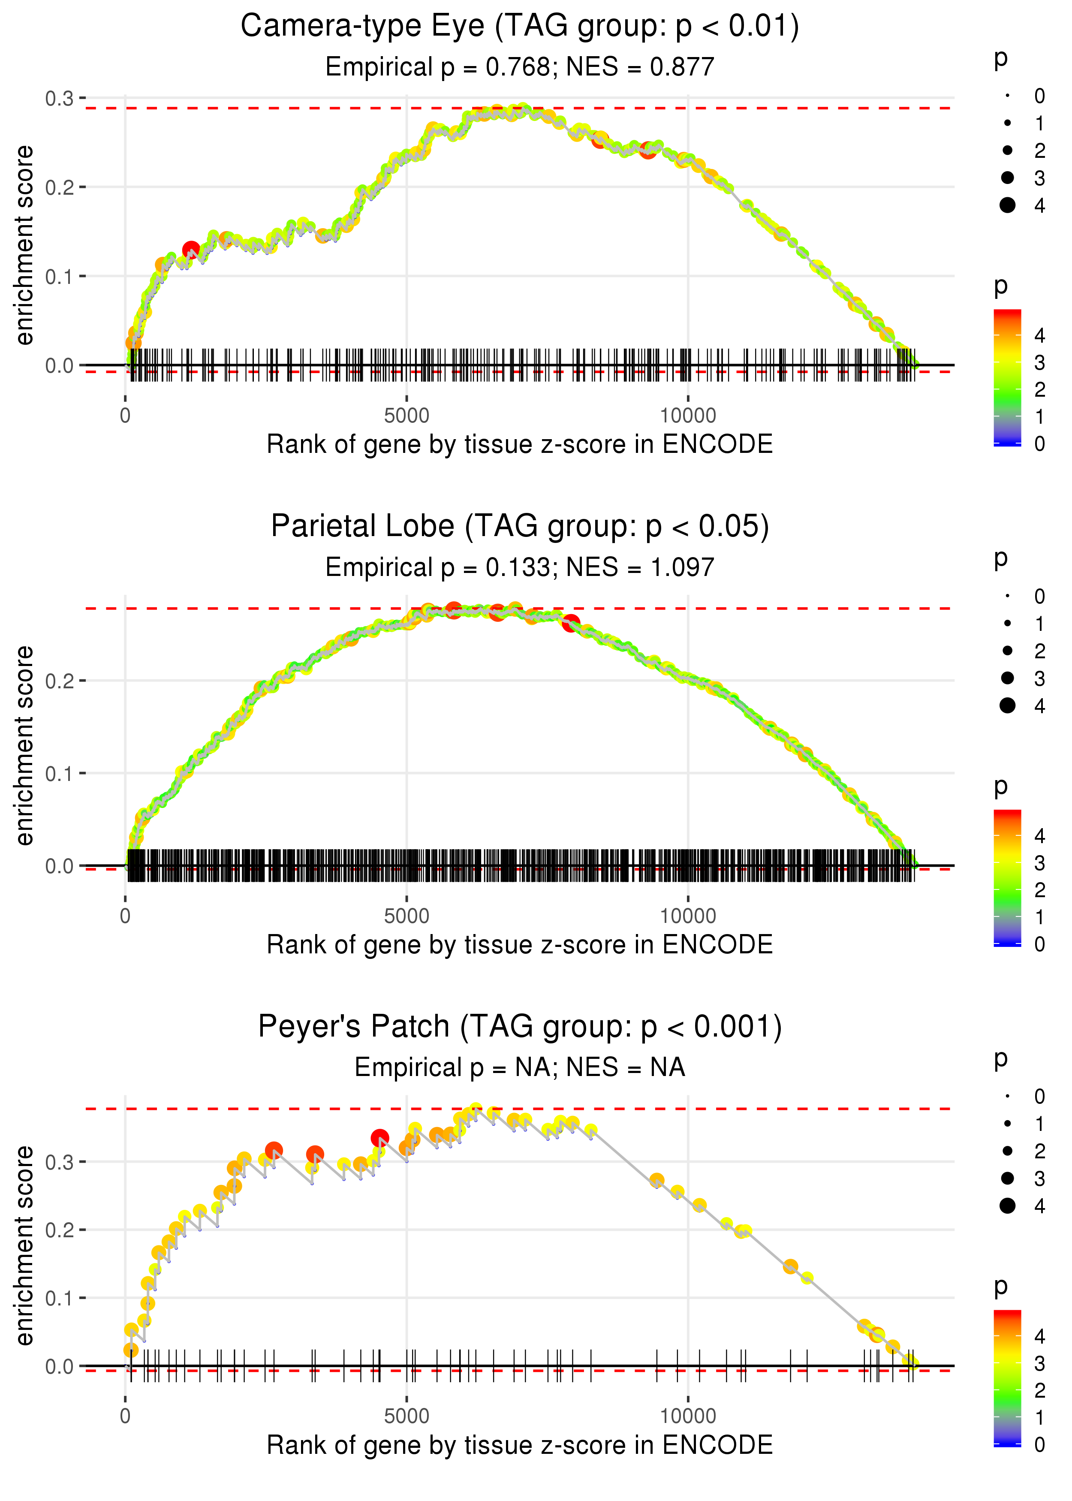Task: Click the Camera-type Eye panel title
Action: click(520, 27)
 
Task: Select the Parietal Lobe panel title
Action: click(520, 527)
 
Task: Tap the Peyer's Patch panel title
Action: click(520, 1027)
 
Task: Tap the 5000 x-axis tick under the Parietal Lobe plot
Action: click(407, 916)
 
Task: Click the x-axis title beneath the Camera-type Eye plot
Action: click(520, 444)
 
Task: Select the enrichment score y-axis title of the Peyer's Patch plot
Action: click(24, 1245)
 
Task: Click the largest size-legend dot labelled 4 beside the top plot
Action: click(1007, 205)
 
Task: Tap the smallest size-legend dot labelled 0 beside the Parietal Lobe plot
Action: click(1007, 596)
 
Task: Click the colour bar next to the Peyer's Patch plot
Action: click(1007, 1377)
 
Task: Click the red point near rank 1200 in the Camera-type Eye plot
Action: click(191, 250)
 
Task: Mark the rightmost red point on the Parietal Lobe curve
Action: click(571, 622)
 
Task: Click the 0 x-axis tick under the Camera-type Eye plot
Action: click(125, 416)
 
